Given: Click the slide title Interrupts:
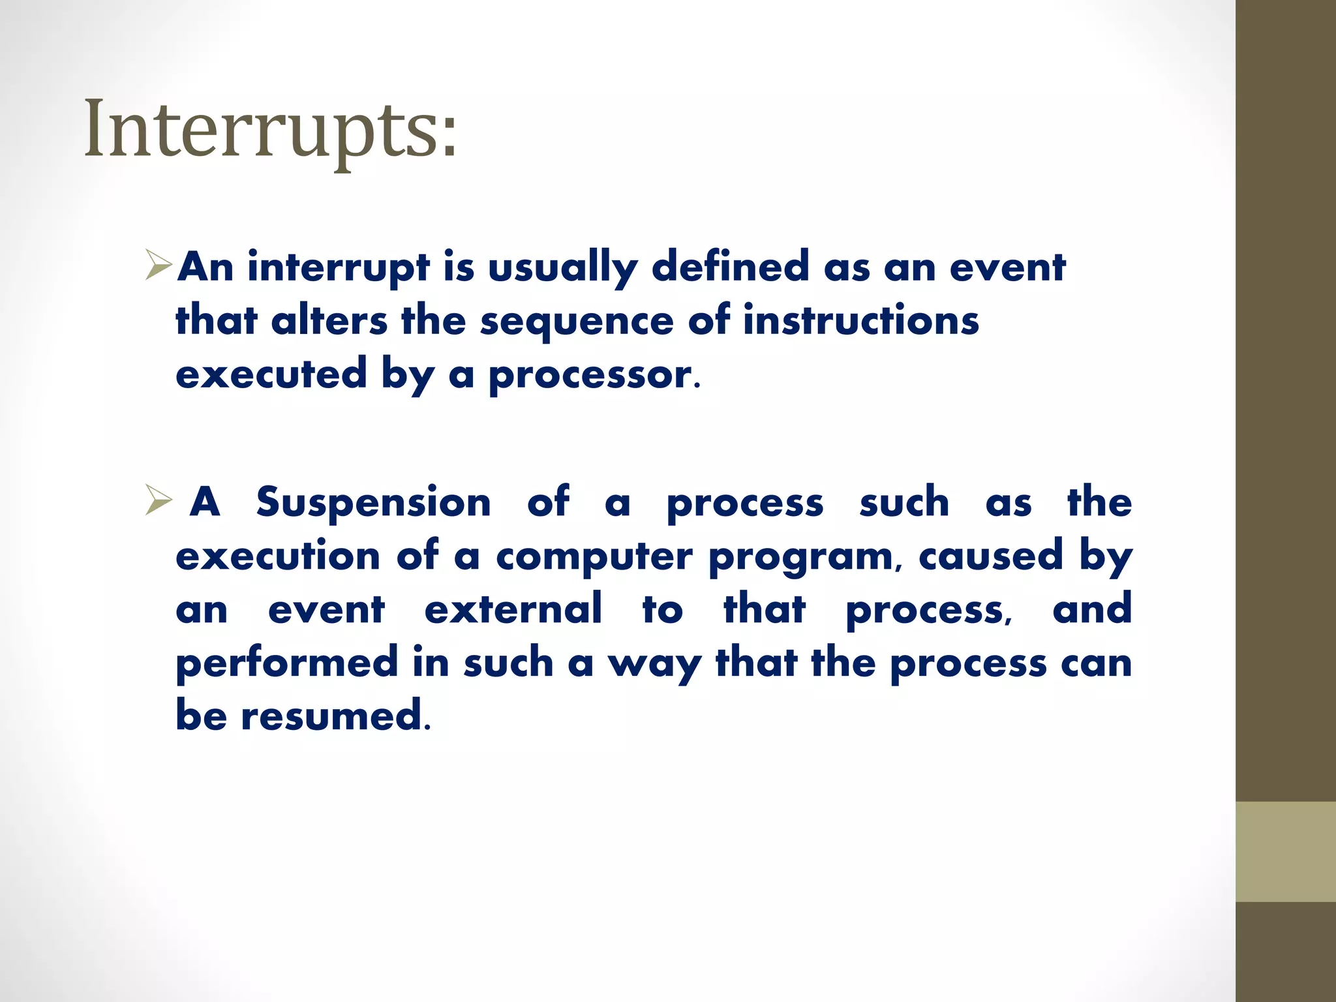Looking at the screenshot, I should pos(271,129).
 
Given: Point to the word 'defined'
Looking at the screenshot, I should pos(730,267).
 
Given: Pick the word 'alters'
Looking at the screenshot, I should pos(329,321).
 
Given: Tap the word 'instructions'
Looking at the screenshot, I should pos(860,321).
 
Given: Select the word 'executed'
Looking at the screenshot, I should pos(271,374).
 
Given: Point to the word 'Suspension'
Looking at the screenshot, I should pos(373,502).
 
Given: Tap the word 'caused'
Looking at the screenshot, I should pos(991,556).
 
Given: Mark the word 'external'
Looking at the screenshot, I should pos(513,609).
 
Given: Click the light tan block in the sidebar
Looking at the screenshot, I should pos(1285,851).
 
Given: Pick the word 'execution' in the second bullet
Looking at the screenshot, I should pos(278,556).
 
